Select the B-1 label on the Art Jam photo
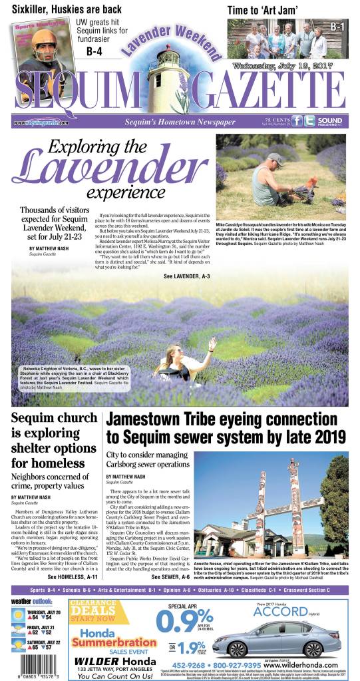click(337, 26)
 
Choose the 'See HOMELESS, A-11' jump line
click(74, 577)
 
